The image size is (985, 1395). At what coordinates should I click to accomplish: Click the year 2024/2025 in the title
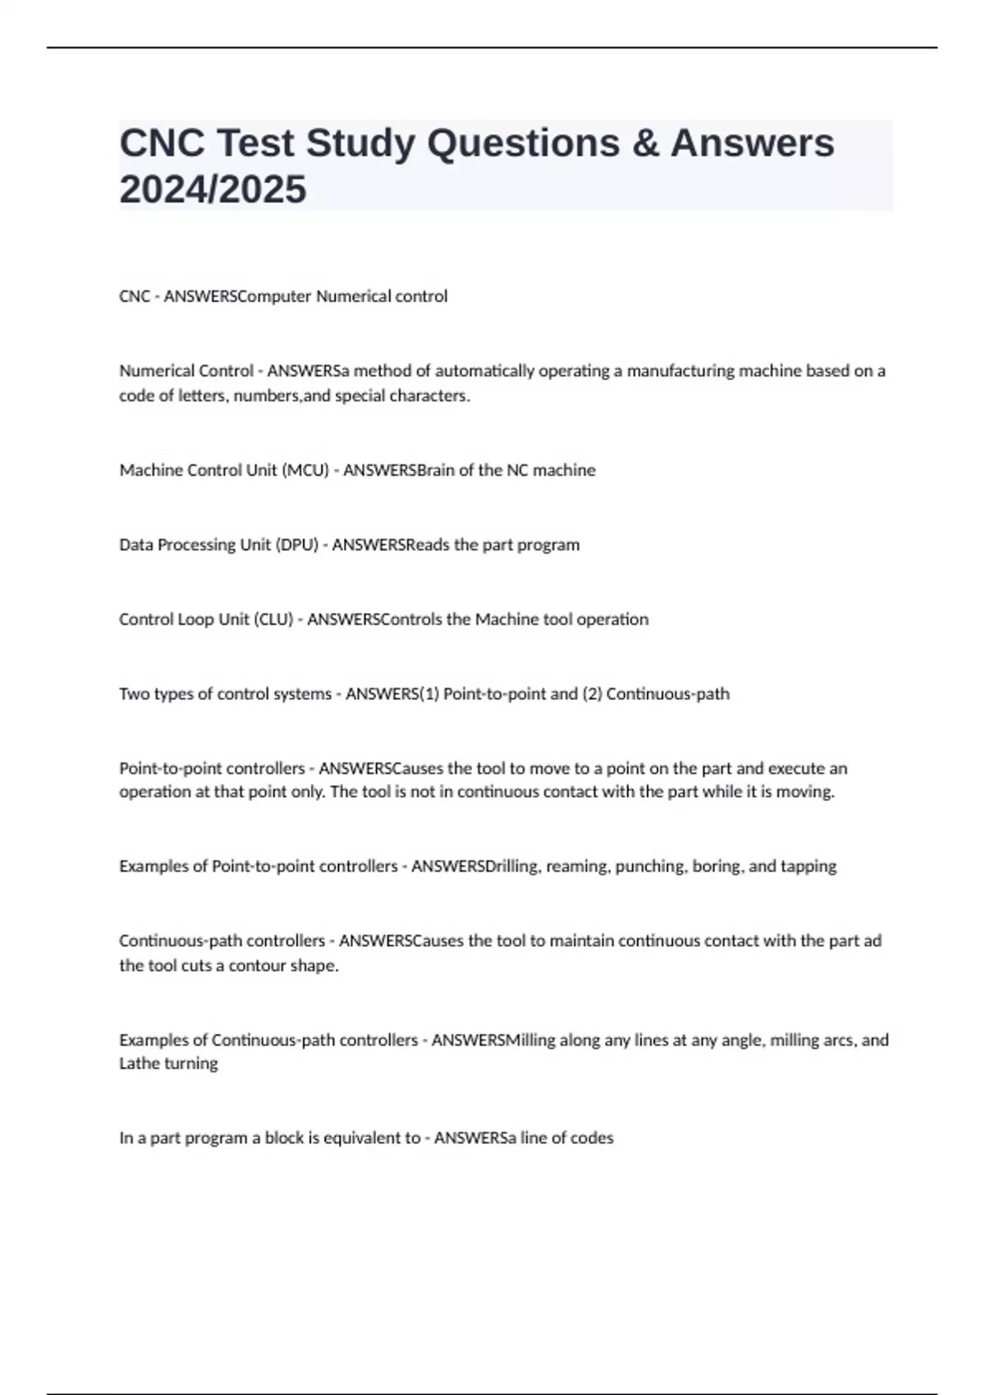tap(213, 190)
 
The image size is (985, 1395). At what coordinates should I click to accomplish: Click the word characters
tap(434, 396)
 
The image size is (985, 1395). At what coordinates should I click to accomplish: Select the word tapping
tap(809, 867)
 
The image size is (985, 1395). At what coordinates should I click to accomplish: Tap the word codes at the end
tap(593, 1138)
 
